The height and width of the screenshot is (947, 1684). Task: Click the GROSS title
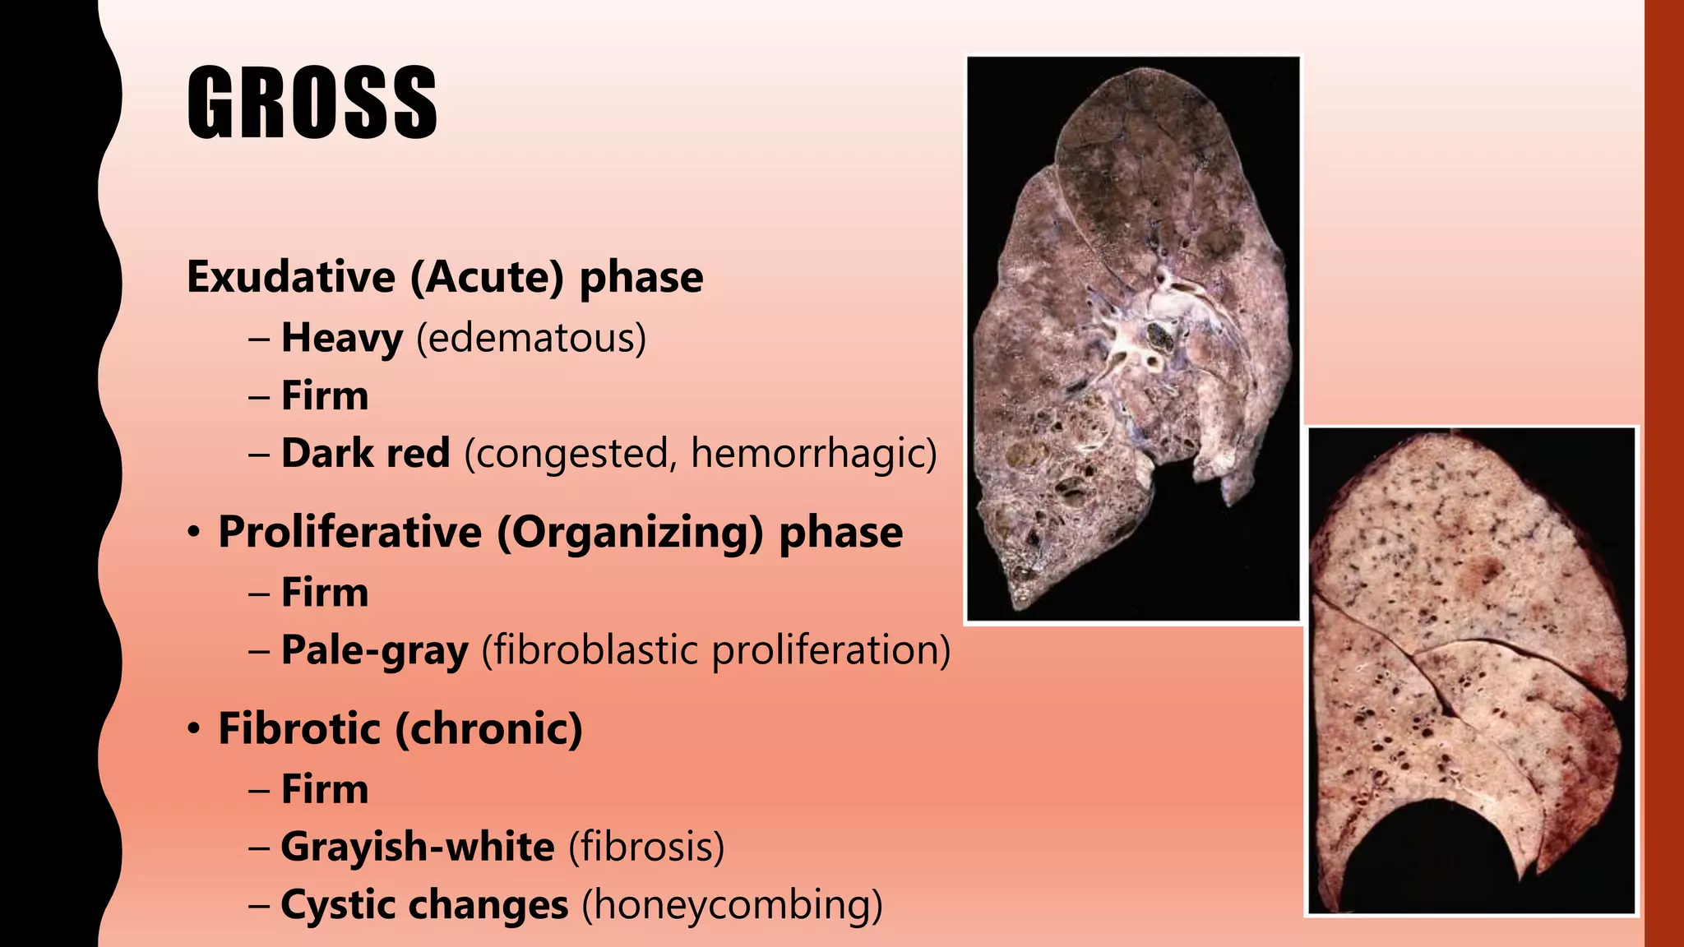[312, 103]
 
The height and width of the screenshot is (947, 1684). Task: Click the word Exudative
[290, 277]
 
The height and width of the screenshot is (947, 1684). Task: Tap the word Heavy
[342, 338]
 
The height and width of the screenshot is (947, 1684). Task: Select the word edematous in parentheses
[531, 338]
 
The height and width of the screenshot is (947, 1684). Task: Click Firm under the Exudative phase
[325, 395]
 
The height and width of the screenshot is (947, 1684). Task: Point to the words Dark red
[366, 453]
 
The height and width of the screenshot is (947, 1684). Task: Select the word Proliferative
[349, 532]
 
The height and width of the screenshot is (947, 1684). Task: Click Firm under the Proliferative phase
[325, 592]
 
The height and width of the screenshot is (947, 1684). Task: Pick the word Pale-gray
[375, 650]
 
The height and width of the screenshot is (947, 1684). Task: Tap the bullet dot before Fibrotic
[193, 730]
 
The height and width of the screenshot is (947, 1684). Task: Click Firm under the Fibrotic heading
[325, 789]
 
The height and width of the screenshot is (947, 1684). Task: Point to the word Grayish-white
[418, 847]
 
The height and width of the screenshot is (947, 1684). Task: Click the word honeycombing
[732, 905]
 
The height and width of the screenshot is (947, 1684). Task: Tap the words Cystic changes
[424, 905]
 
